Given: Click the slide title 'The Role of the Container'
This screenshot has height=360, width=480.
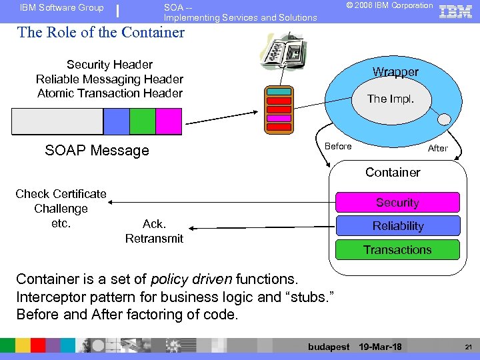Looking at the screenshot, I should [101, 32].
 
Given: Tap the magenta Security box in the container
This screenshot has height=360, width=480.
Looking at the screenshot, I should [397, 203].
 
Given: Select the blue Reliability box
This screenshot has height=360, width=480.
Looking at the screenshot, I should [397, 226].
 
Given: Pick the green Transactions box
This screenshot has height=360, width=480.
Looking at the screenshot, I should [397, 250].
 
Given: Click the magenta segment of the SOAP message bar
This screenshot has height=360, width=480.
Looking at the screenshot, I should [168, 121].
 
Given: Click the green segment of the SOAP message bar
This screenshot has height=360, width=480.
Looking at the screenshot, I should [142, 121].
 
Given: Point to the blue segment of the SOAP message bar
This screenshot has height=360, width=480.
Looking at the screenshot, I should [116, 121].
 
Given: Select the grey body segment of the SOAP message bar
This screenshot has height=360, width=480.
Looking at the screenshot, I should [58, 121].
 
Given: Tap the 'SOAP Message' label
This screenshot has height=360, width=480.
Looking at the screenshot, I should [97, 151].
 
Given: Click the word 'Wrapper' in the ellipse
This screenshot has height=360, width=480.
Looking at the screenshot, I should [395, 72].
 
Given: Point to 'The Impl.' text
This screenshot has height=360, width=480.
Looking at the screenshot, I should [391, 99].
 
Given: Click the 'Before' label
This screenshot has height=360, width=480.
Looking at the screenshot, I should [338, 147].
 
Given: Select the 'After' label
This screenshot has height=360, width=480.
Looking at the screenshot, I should [437, 148].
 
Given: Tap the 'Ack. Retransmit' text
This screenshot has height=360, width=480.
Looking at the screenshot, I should [154, 231].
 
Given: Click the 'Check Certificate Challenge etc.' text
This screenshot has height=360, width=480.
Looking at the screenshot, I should [61, 209].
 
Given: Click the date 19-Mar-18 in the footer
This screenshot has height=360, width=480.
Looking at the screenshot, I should [380, 347].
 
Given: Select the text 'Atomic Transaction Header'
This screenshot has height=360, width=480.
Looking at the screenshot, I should [110, 93].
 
